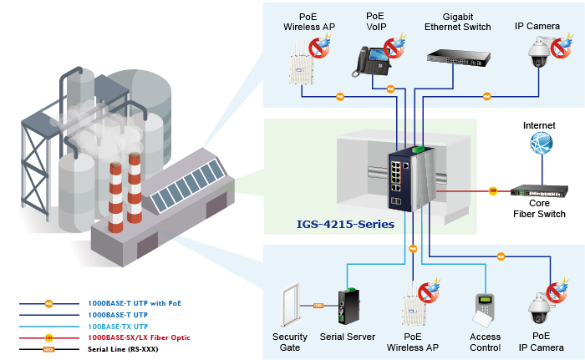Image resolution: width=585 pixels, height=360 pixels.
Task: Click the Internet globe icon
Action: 541,144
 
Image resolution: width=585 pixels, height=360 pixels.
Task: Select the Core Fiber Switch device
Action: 538,191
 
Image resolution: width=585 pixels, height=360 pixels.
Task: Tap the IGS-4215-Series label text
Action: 345,224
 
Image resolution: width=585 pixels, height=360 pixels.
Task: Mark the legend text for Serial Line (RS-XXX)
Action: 122,347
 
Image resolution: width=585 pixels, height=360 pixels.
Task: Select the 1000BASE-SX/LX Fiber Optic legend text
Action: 138,337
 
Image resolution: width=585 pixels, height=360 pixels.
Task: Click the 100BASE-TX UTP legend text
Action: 116,326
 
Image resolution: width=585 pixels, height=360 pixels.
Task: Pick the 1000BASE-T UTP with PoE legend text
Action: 135,302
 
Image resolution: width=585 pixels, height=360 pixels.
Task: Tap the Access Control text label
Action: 486,342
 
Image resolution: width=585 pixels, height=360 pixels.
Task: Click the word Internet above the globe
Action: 539,125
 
